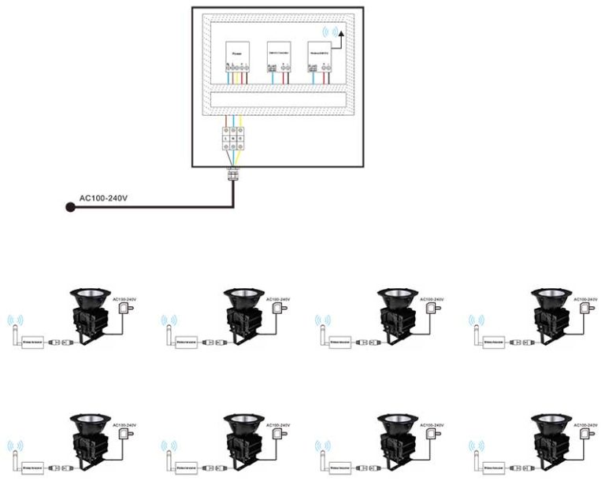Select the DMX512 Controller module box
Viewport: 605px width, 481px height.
[x=278, y=52]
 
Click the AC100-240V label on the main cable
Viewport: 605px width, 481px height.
[x=103, y=198]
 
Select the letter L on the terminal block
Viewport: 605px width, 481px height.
[x=228, y=138]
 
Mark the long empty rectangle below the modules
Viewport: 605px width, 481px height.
[x=280, y=99]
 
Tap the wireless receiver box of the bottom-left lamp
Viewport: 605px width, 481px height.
[x=34, y=467]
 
